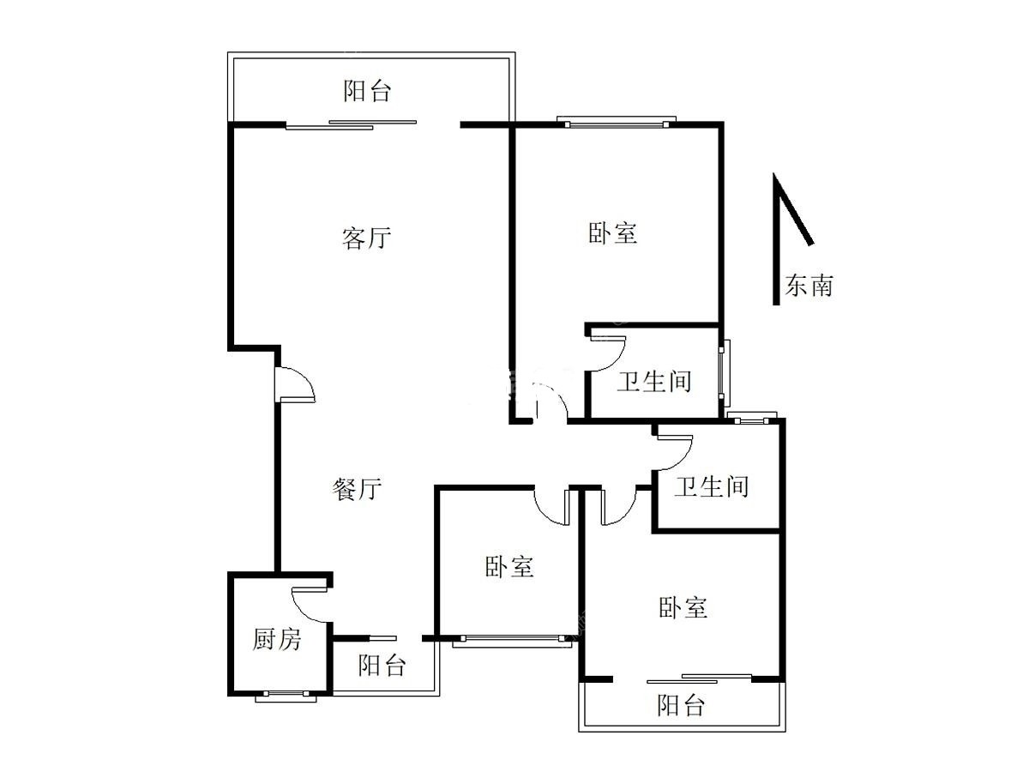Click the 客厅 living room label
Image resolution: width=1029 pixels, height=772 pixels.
tap(366, 238)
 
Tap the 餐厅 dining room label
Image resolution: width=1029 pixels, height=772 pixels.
tap(356, 489)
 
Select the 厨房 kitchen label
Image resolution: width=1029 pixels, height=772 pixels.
tap(277, 639)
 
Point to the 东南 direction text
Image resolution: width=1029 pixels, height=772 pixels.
tap(809, 286)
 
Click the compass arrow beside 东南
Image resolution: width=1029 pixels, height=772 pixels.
tap(792, 239)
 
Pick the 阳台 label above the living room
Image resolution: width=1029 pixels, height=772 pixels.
tap(367, 91)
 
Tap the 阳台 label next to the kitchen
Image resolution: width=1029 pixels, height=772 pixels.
tap(382, 665)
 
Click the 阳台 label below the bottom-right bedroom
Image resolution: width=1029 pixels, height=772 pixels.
tap(681, 705)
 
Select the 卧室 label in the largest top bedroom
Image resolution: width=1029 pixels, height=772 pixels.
tap(612, 233)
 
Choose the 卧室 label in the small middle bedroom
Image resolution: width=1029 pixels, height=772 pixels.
tap(509, 567)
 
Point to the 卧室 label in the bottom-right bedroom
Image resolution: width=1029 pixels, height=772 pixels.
tap(683, 607)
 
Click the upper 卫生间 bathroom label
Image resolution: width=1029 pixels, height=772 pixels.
tap(653, 381)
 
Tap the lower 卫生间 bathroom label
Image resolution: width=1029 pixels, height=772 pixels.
tap(711, 486)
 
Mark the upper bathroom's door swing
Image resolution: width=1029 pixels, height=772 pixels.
tap(608, 354)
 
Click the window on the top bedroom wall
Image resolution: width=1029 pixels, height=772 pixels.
tap(617, 122)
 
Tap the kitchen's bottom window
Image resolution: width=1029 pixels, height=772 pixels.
tap(286, 696)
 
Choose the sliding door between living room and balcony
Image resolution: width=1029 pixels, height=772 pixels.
tap(351, 124)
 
